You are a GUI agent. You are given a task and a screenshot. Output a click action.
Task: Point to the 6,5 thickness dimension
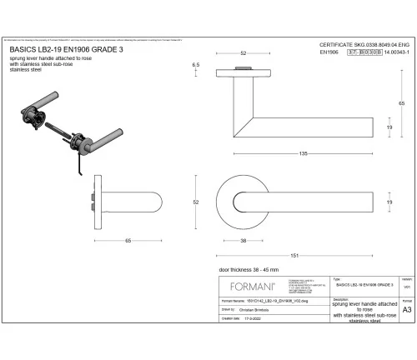196,64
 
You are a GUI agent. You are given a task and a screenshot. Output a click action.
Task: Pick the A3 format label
406,308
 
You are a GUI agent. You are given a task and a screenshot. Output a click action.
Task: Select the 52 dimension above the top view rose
244,53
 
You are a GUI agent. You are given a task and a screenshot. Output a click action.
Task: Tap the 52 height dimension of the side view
195,202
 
